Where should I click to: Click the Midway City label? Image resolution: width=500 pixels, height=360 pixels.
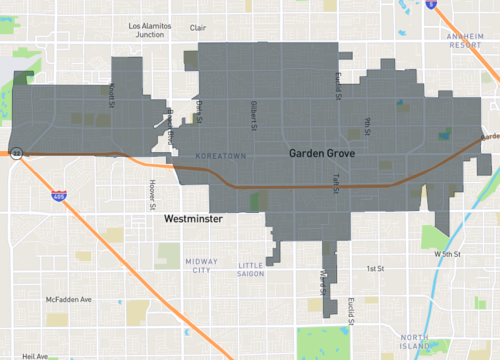pos(201,266)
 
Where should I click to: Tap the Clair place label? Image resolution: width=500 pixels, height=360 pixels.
pos(198,29)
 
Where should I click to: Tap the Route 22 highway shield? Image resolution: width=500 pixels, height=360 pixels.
pos(17,153)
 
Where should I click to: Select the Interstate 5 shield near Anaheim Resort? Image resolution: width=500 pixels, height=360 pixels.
pos(430,5)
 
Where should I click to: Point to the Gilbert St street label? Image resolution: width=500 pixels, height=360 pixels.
pos(254,117)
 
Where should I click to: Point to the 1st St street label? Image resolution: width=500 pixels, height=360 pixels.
pos(375,269)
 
